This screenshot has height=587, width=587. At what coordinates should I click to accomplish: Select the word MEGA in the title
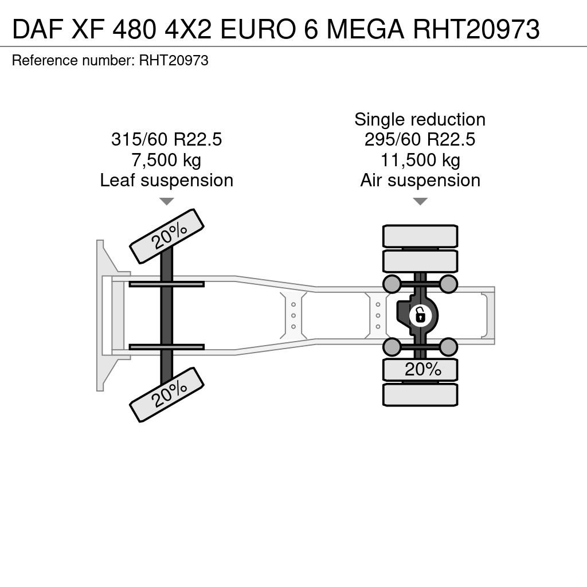tap(365, 29)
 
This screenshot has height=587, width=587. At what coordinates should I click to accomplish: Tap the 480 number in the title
tap(134, 29)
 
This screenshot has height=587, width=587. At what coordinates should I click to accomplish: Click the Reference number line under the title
tap(110, 60)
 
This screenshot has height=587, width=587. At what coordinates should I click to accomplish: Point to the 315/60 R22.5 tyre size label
tap(167, 140)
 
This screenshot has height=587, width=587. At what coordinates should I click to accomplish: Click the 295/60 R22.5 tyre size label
tap(420, 140)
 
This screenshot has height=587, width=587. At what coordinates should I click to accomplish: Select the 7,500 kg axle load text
tap(166, 161)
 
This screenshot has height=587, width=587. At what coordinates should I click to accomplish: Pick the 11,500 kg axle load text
tap(420, 161)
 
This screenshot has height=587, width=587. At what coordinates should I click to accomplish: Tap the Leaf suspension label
tap(167, 181)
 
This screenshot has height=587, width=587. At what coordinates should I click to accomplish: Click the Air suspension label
tap(420, 181)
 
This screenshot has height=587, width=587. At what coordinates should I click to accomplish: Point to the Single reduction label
tap(420, 119)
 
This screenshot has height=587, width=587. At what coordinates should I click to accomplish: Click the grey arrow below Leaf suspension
tap(167, 201)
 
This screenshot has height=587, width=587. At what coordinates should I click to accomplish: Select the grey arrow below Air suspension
tap(420, 201)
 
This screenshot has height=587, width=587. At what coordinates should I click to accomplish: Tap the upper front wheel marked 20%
tap(167, 236)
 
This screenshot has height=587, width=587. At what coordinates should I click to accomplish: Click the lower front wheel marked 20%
tap(167, 394)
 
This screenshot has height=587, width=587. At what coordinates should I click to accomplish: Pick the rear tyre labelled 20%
tap(420, 370)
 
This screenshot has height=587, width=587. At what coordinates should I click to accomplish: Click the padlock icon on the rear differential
tap(420, 315)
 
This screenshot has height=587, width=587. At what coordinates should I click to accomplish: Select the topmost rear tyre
tap(420, 236)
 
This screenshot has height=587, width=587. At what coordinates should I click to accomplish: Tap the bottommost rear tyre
tap(420, 394)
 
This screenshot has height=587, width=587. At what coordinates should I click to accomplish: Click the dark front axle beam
tap(167, 315)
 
